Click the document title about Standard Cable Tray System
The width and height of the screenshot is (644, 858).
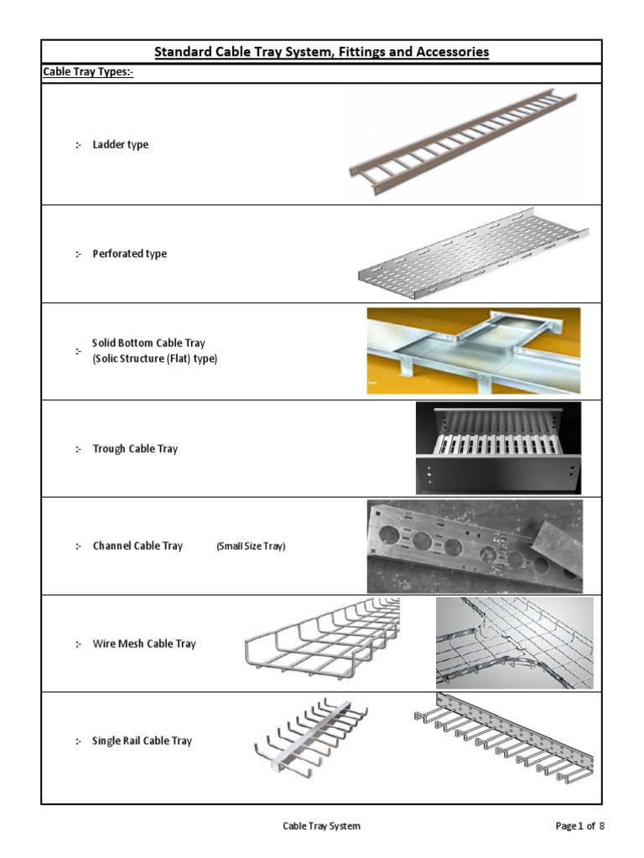321,52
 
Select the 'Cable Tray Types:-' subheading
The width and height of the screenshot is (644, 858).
88,73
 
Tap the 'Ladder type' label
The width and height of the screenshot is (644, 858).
120,144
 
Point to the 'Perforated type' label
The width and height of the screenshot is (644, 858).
129,254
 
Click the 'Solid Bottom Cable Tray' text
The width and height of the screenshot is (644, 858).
148,344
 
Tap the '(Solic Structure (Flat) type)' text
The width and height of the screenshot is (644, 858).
154,359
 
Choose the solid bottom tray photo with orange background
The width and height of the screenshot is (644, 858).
473,350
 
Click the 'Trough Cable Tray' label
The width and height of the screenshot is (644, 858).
135,449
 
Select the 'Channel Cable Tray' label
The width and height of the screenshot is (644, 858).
138,546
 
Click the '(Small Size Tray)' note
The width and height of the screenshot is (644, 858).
251,546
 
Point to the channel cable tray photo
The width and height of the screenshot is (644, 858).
474,546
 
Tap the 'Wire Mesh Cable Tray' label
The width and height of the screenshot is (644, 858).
143,643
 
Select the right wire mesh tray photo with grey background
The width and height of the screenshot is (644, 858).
514,643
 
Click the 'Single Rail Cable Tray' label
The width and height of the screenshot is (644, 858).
142,741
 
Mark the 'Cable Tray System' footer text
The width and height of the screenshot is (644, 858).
321,826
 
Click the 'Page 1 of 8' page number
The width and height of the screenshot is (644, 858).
579,826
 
